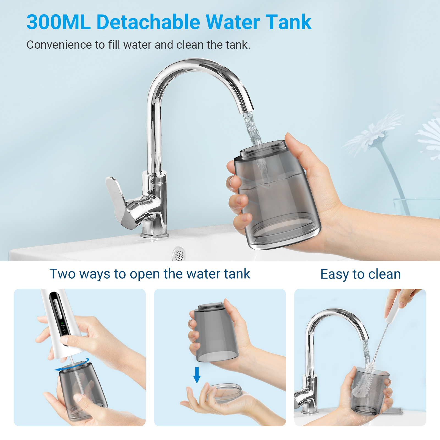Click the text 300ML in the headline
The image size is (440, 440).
pos(59,22)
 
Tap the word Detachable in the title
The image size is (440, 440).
pos(148,22)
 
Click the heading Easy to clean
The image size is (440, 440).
pos(361,274)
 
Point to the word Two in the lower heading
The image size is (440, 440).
pos(62,274)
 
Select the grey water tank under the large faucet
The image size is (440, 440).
pos(276,195)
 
